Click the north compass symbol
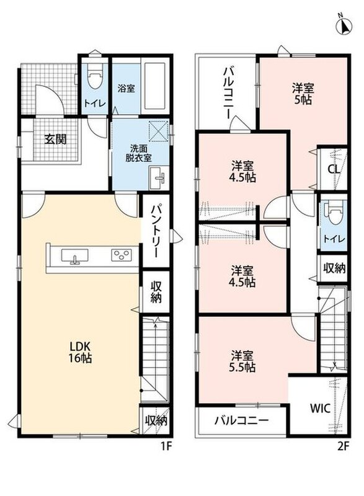click(x=344, y=25)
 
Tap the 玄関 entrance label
click(x=55, y=139)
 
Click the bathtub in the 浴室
click(x=155, y=86)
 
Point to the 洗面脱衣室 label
click(x=138, y=153)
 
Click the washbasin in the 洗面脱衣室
click(x=158, y=178)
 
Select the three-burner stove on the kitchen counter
click(x=122, y=255)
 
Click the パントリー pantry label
click(x=156, y=231)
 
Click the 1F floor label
click(x=166, y=446)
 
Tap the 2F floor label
click(x=343, y=446)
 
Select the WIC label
click(x=320, y=409)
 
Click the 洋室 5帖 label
click(x=303, y=94)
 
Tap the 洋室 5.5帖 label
click(x=242, y=361)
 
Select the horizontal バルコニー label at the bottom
click(x=242, y=420)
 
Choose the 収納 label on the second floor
click(x=334, y=268)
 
